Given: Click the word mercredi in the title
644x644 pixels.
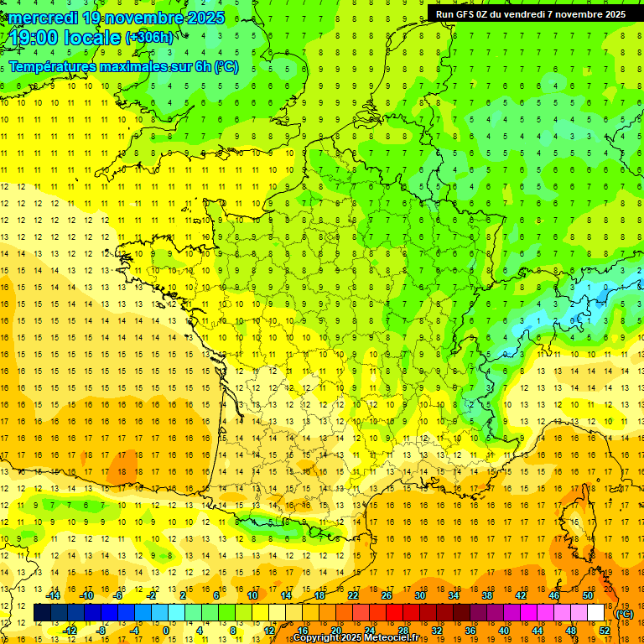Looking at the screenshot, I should [x=46, y=18].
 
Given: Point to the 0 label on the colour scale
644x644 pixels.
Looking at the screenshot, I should [x=165, y=631].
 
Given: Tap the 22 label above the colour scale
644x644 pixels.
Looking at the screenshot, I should [x=353, y=595].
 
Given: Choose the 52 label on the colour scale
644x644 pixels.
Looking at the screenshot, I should [x=604, y=631].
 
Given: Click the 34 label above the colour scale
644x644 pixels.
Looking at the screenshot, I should [x=454, y=595].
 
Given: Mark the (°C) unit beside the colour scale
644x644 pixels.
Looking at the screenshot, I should [x=624, y=613].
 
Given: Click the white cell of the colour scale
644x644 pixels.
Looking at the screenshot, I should [x=596, y=613].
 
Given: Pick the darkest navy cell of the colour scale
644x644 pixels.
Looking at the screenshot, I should [x=41, y=613].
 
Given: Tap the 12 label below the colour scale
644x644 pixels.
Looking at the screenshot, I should [x=269, y=631].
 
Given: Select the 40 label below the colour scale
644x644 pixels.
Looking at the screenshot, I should [x=503, y=631].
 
